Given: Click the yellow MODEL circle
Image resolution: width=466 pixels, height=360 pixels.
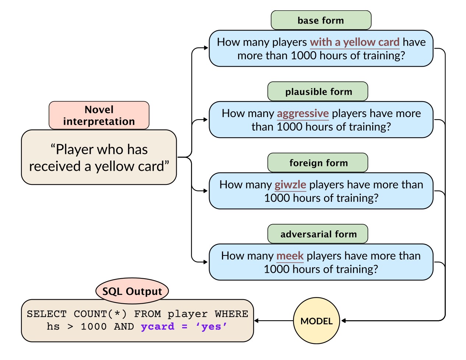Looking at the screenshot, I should click(x=316, y=321).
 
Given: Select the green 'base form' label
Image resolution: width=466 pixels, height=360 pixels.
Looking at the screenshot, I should click(x=321, y=20).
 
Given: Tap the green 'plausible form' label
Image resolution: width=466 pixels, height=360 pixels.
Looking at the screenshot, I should click(x=318, y=92).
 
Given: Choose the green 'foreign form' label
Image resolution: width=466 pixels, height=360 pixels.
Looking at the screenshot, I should click(x=318, y=163).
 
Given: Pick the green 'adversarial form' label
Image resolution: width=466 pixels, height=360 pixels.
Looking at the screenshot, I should click(x=318, y=234).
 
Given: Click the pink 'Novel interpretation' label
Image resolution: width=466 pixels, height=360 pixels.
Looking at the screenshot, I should click(x=99, y=116).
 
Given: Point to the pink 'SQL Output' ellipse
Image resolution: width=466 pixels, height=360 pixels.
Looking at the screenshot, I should click(x=132, y=291).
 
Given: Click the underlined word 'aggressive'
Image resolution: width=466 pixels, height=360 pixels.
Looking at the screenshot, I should click(x=303, y=113).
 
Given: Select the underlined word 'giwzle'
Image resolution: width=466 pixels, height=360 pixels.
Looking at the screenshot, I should click(x=290, y=184).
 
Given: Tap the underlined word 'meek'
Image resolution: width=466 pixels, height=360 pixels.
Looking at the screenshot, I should click(x=290, y=256).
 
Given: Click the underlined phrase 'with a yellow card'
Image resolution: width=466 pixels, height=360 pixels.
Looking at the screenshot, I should click(x=354, y=42).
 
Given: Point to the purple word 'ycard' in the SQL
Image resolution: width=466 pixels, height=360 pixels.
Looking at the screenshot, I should click(x=158, y=327).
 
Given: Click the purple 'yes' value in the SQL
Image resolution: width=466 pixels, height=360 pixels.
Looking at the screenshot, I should click(x=211, y=327).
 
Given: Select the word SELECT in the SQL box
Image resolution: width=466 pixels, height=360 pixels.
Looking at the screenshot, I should click(x=46, y=314).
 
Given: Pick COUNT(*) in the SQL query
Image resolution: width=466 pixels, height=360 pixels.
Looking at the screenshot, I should click(x=100, y=314).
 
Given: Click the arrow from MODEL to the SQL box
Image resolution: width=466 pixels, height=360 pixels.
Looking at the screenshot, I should click(x=274, y=321).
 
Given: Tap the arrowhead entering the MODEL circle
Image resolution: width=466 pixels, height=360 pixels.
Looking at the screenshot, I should click(x=343, y=321).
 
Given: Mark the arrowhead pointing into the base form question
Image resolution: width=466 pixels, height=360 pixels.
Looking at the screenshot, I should click(x=206, y=48).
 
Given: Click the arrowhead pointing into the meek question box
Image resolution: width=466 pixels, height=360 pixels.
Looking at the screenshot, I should click(x=206, y=262).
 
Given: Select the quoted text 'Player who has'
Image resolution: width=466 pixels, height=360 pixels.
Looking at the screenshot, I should click(x=99, y=149).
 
